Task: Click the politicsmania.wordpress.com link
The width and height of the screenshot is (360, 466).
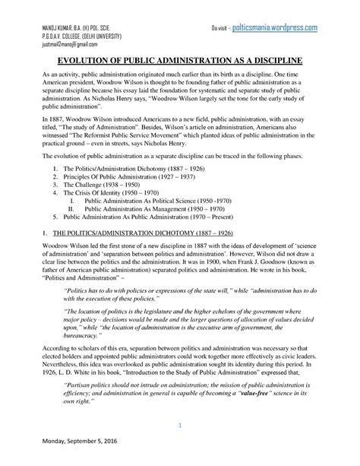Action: pos(274,27)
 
